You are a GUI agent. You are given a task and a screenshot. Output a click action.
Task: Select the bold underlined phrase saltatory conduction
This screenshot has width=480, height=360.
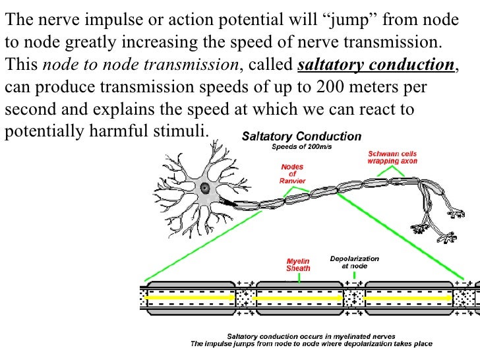[376, 65]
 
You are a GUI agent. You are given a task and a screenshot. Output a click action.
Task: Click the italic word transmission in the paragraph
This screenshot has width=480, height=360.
[201, 65]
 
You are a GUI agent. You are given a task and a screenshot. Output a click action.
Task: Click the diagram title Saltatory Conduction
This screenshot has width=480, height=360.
[302, 137]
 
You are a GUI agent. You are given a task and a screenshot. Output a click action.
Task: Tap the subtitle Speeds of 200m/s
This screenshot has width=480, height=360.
[302, 147]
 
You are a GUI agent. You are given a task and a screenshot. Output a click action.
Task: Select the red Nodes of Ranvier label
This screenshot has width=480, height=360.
[291, 173]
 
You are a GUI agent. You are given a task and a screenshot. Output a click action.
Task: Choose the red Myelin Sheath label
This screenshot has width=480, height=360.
[297, 264]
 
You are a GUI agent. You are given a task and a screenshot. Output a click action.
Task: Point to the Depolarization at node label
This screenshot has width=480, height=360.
[353, 262]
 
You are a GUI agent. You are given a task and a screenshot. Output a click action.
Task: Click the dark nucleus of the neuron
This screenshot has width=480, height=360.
[206, 187]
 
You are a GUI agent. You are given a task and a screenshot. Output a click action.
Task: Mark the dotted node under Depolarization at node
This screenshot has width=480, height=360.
[354, 297]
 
